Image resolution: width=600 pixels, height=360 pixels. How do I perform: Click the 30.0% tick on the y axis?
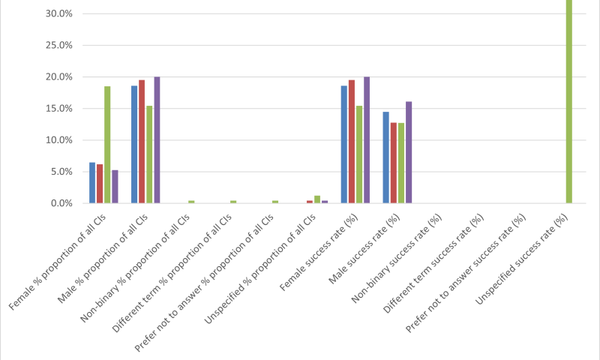59,13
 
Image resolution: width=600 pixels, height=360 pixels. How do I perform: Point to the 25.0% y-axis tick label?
59,45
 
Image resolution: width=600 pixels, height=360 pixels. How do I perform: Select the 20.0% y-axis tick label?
59,76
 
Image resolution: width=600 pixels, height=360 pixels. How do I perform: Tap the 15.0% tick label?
59,108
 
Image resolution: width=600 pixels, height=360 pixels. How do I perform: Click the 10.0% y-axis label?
59,140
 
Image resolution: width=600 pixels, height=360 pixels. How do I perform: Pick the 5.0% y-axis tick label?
61,172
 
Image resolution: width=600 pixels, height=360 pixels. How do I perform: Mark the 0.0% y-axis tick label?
61,203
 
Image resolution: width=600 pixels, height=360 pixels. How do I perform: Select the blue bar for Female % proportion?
92,183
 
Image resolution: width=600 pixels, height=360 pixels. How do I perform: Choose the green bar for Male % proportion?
149,154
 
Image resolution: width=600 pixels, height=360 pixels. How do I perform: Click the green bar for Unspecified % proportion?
317,199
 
